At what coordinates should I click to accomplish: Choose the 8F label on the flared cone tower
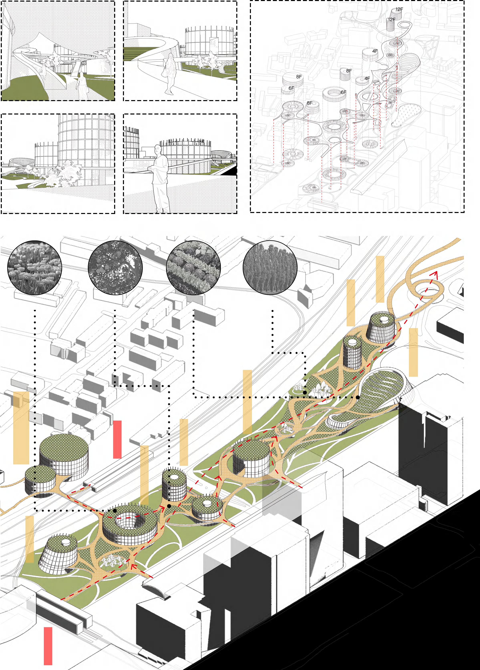309,103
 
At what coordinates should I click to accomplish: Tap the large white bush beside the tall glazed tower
66,174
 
